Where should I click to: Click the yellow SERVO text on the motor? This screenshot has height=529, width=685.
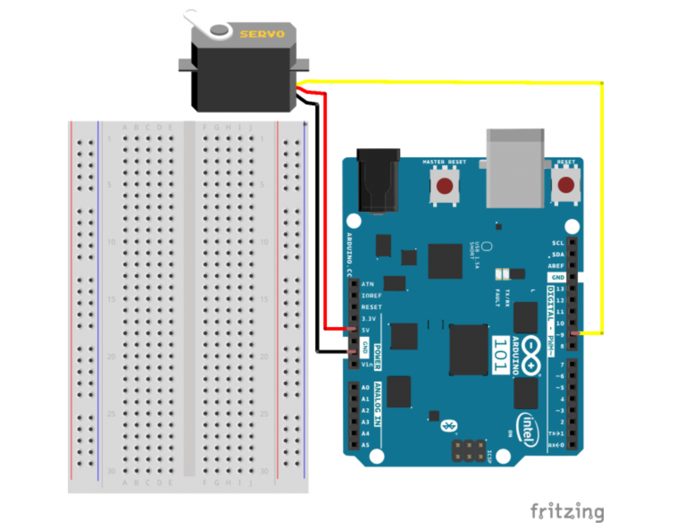pos(262,34)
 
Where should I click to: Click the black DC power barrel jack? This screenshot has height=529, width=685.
pos(378,181)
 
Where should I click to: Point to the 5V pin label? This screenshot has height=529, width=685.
pos(366,330)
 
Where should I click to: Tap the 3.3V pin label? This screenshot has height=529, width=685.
pos(369,319)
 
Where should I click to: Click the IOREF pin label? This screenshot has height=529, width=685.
pos(372,295)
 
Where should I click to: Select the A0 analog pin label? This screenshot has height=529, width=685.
pos(365,387)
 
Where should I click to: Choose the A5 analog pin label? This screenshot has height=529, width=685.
pos(365,445)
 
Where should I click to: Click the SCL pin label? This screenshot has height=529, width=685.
pos(558,243)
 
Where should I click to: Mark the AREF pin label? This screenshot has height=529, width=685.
pos(556,266)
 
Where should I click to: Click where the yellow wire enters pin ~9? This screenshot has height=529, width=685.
pos(576,333)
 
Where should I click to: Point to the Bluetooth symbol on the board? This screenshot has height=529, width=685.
pos(447,426)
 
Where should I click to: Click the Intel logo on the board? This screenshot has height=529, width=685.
pos(527,429)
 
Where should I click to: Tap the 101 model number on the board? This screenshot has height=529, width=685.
pos(501,355)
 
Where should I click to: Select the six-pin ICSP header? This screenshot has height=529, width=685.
pos(468,451)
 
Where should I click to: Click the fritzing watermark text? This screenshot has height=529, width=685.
pos(567,511)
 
